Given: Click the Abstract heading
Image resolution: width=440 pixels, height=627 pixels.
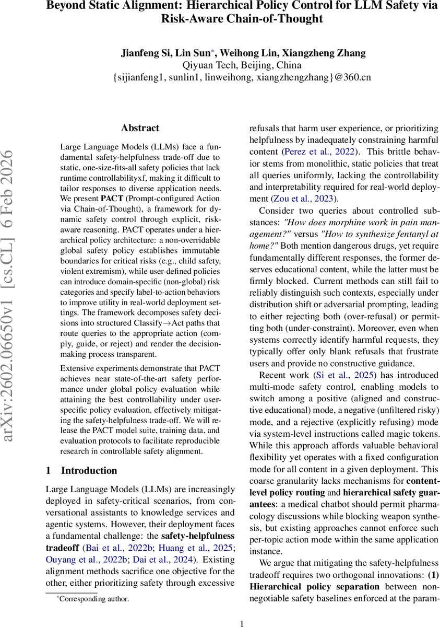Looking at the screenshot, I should pos(140,128).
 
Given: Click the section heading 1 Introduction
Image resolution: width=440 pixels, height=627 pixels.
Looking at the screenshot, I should pos(81,470).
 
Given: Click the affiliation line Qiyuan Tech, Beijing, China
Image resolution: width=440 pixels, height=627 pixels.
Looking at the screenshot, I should pos(242,65).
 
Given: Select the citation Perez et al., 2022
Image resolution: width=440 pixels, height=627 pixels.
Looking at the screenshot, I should pos(318,152).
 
